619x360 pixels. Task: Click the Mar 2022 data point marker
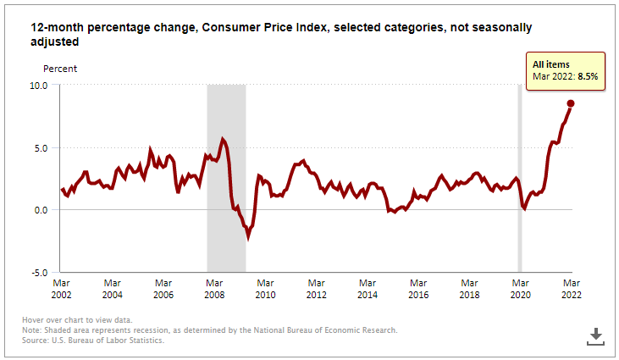(x=571, y=103)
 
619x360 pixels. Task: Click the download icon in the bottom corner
(x=595, y=336)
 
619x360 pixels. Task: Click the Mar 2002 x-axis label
(x=61, y=289)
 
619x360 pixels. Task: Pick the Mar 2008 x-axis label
(x=214, y=289)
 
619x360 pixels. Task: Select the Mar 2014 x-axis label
(x=368, y=289)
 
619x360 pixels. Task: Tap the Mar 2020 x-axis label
(x=520, y=289)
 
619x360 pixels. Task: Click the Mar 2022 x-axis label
(x=571, y=289)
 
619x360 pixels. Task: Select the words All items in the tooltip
(x=550, y=64)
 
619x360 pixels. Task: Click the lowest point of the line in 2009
(x=248, y=237)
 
